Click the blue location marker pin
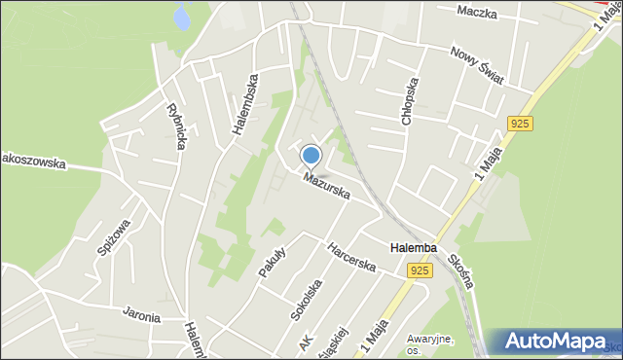[x=311, y=156]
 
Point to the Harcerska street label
[x=351, y=257]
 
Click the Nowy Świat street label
[x=477, y=65]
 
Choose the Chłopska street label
[x=410, y=100]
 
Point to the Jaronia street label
[x=141, y=314]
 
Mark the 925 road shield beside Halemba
[x=420, y=271]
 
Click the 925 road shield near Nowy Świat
[x=519, y=124]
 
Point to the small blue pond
[x=180, y=15]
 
